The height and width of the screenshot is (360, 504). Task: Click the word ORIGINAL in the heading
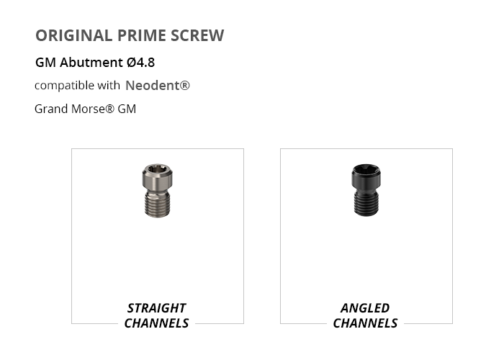click(73, 35)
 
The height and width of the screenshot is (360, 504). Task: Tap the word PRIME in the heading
click(141, 35)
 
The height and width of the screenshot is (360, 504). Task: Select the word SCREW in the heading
click(197, 35)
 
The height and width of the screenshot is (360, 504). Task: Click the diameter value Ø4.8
click(141, 62)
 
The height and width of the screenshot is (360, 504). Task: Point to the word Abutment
click(91, 62)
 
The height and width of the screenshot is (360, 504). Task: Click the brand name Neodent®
click(158, 86)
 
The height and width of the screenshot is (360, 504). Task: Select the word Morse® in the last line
click(93, 109)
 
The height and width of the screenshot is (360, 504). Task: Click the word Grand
click(51, 109)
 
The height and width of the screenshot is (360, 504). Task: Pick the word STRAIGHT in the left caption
click(156, 308)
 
